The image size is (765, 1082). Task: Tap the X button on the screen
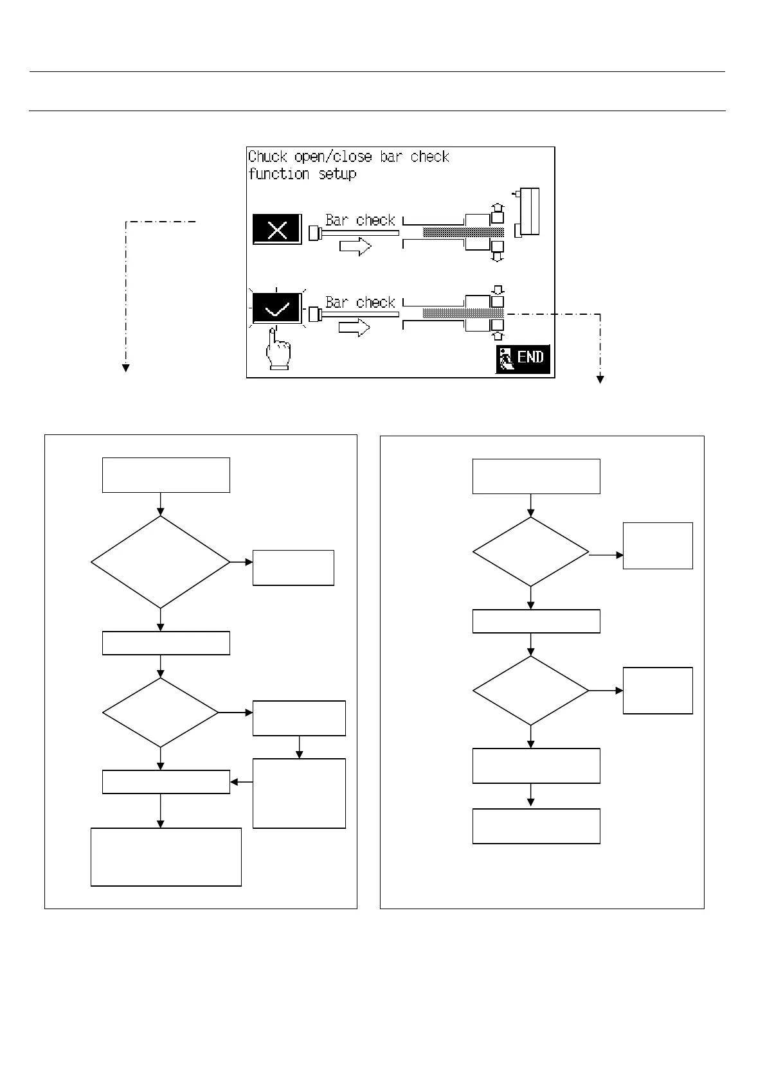coord(276,229)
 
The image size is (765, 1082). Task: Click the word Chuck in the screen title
coord(268,157)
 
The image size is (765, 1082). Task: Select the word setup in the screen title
coord(337,174)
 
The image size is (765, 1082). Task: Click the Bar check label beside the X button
coord(360,220)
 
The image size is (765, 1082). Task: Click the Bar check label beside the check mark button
coord(360,302)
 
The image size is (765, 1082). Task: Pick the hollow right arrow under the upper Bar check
coord(355,245)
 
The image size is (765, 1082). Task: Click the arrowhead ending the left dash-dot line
coord(126,368)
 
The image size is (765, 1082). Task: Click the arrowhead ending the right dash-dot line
coord(600,380)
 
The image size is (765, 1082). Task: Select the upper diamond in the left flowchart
coord(161,562)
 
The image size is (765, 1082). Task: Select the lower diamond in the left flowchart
coord(161,713)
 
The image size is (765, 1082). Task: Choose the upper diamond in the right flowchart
coord(530,552)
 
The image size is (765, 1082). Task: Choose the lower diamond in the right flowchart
coord(530,691)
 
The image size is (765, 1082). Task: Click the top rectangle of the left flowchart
coord(166,475)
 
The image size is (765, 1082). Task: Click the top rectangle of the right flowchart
coord(536,476)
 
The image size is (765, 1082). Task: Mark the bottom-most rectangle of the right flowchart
coord(536,826)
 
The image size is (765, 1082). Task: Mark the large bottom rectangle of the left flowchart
coord(166,856)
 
